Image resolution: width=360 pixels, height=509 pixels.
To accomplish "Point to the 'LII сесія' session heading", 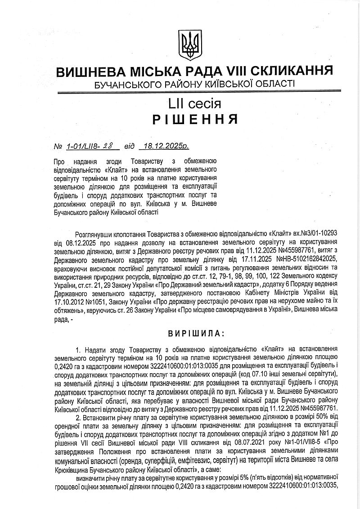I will coord(194,104).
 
